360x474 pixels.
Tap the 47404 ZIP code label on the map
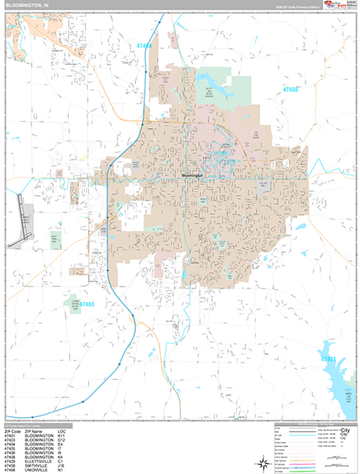(x=145, y=47)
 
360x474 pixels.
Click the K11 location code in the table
(x=61, y=435)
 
